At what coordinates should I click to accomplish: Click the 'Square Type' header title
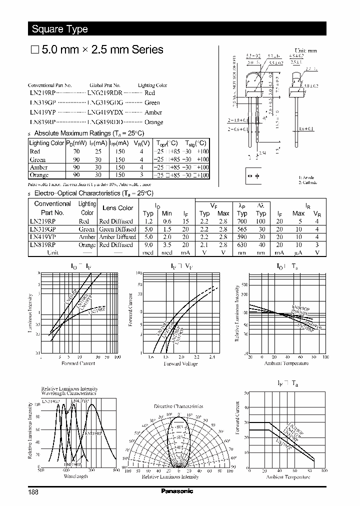pos(59,29)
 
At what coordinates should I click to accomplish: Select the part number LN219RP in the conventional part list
pos(42,93)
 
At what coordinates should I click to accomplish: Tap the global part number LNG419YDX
pos(105,112)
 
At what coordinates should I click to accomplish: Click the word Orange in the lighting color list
pos(153,122)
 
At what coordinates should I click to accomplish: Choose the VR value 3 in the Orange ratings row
pos(142,175)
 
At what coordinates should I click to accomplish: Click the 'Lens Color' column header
pos(117,208)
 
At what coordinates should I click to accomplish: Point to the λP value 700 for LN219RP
pos(242,221)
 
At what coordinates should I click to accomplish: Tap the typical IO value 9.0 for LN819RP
pos(148,245)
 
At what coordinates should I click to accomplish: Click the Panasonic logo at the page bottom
pos(176,491)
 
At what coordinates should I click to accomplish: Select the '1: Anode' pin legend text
pos(306,178)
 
